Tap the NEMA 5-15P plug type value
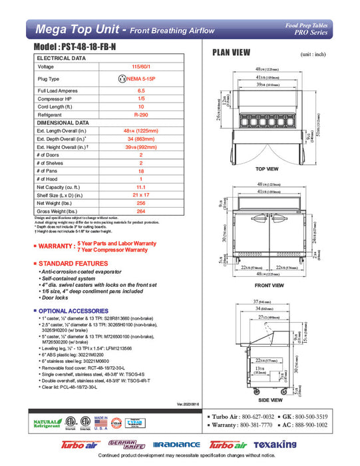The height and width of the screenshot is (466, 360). [x=141, y=79]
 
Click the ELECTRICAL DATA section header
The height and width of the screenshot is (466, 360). [x=61, y=59]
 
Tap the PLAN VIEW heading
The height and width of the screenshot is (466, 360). [x=231, y=53]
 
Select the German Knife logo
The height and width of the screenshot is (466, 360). [x=125, y=444]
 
